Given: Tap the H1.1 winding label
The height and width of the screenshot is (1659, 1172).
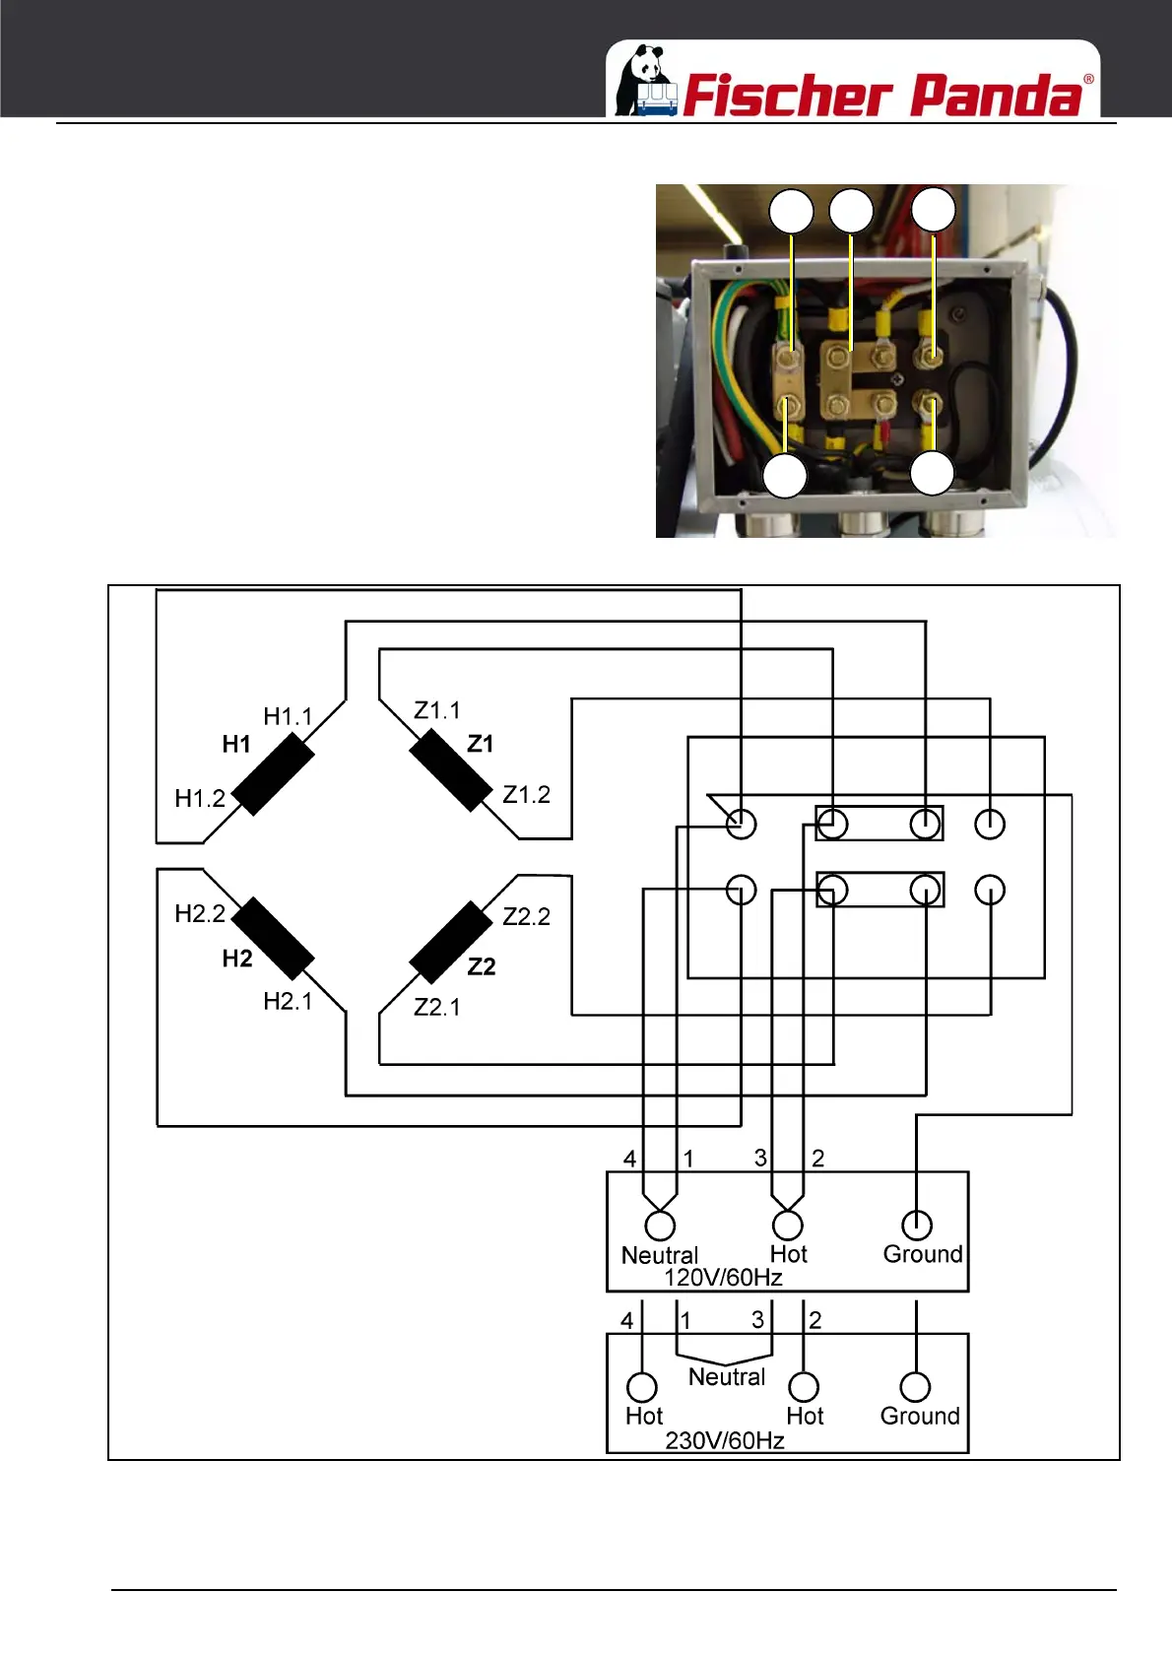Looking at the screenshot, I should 288,716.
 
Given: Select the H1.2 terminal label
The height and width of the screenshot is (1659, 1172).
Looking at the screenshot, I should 200,798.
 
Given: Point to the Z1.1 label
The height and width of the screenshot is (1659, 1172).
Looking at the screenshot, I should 437,710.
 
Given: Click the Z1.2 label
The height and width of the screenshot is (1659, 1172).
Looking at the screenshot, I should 526,794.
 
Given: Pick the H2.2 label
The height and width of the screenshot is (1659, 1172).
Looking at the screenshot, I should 200,913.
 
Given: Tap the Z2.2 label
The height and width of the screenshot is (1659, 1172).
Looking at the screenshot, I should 526,916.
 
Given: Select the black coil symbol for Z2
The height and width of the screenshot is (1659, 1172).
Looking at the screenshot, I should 450,943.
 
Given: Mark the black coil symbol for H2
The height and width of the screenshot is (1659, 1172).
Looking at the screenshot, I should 273,939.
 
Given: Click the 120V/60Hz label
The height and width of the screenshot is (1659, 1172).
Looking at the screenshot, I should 723,1278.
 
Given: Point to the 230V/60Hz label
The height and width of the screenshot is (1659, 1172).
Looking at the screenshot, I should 725,1440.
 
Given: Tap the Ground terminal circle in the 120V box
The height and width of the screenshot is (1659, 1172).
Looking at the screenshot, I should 917,1225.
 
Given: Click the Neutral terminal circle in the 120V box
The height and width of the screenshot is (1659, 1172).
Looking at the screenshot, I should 660,1226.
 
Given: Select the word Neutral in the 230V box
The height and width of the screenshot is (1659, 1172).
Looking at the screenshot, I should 727,1376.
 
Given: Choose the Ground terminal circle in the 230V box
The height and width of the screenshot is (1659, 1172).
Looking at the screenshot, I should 916,1387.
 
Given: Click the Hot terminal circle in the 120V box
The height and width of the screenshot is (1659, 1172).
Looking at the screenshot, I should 788,1225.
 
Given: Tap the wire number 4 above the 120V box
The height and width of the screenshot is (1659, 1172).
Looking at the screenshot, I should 629,1159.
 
